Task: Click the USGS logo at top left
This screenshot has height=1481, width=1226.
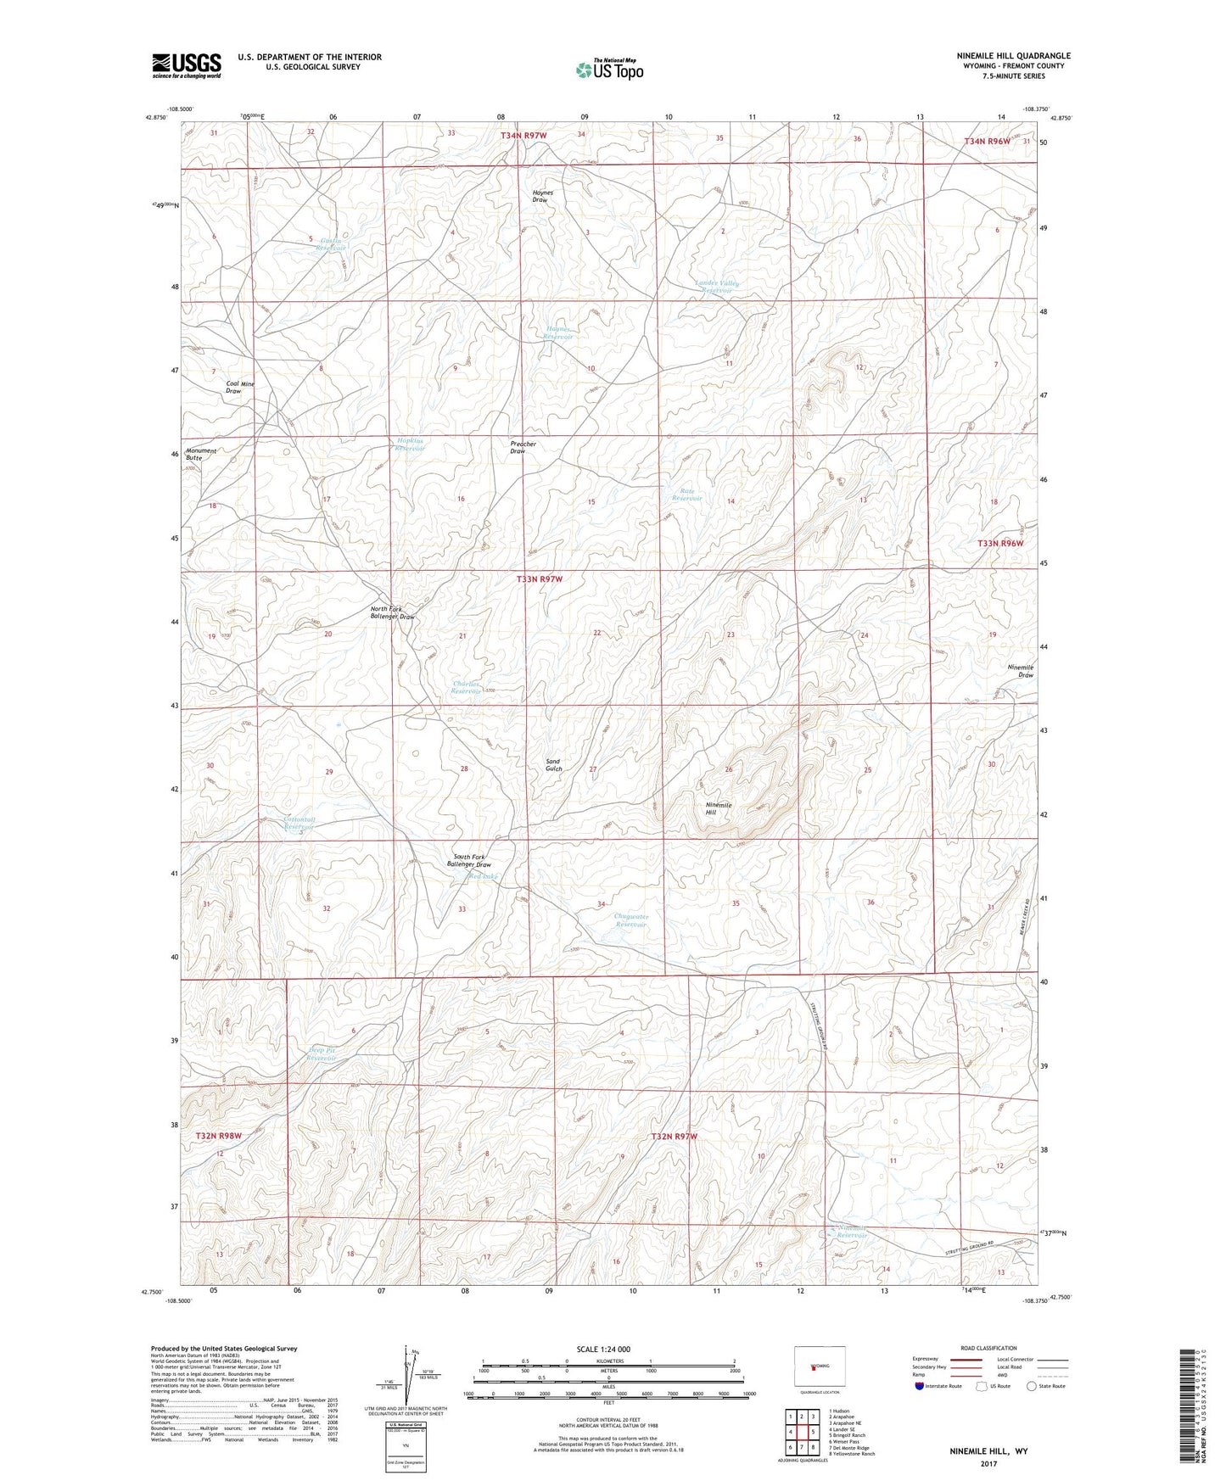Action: tap(187, 64)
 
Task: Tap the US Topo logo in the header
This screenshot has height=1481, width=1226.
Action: tap(609, 70)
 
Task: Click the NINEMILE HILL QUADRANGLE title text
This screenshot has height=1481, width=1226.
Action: tap(1001, 56)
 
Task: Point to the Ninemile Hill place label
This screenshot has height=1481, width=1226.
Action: tap(718, 808)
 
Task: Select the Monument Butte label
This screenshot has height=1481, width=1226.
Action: tap(201, 454)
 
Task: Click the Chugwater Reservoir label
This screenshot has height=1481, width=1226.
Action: tap(631, 920)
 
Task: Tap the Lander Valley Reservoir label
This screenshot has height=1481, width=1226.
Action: tap(717, 287)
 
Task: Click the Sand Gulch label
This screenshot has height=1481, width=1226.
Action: tap(553, 765)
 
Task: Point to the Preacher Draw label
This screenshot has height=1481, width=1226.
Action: tap(523, 448)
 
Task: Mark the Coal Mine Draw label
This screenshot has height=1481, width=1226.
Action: tap(240, 388)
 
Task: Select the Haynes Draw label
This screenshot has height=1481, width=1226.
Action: tap(542, 196)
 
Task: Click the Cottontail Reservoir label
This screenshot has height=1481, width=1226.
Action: tap(299, 823)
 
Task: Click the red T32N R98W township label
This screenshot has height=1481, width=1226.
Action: tap(219, 1135)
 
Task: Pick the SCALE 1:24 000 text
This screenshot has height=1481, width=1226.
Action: tap(602, 1349)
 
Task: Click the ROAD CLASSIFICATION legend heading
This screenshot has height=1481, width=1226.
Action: tap(989, 1348)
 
